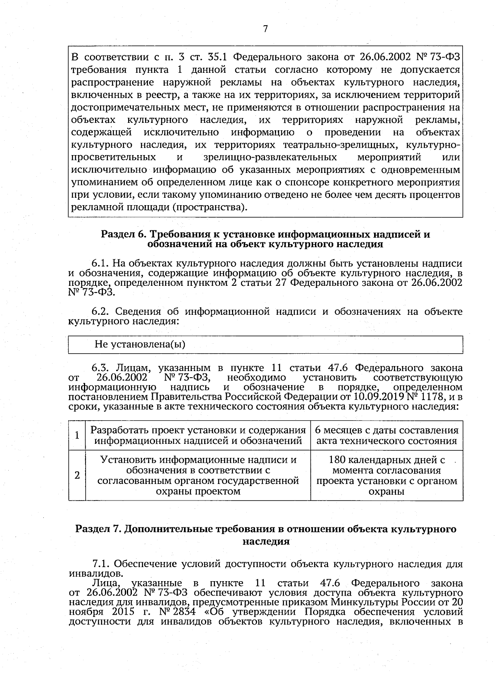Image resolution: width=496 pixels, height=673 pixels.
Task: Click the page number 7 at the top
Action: coord(266,29)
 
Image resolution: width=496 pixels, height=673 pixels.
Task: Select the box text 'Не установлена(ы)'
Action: coord(140,344)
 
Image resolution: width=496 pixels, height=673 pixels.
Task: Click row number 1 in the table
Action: coord(77,435)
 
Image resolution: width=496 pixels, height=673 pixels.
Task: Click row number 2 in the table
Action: coord(77,475)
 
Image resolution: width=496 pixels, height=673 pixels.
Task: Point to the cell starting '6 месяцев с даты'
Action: coord(386,435)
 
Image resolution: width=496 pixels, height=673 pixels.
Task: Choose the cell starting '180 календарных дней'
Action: coord(386,475)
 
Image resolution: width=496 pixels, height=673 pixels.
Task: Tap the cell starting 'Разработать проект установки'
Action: coord(198,435)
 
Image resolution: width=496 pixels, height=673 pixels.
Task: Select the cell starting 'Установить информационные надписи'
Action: coord(198,475)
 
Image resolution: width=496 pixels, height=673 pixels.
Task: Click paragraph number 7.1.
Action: coord(101,563)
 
